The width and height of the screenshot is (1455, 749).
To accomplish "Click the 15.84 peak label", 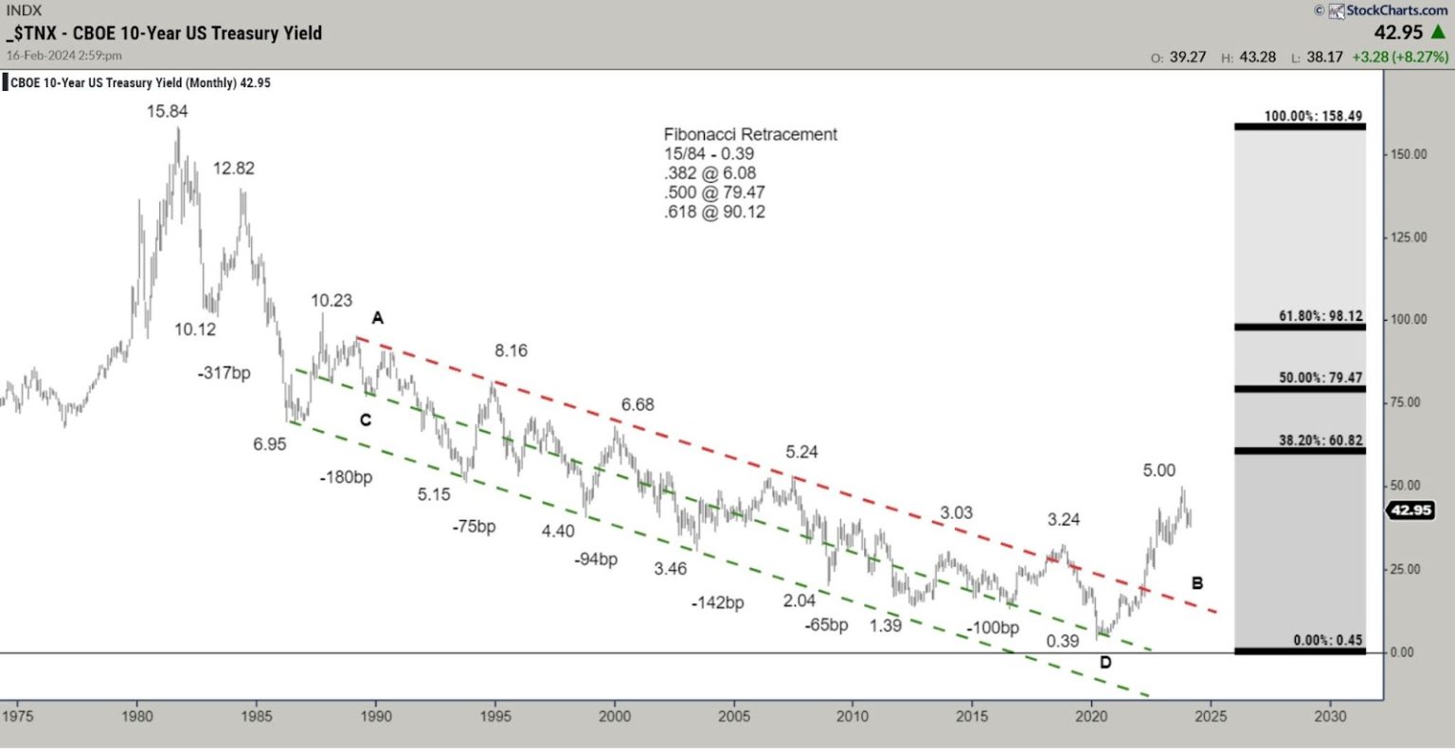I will point(168,112).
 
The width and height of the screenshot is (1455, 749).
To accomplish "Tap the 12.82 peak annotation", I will point(233,169).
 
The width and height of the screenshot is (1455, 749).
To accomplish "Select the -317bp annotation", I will point(225,373).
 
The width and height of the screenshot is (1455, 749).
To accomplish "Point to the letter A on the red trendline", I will point(377,318).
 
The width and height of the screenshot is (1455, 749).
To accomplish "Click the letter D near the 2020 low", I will point(1105,662).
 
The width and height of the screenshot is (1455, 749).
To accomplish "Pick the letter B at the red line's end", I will point(1197,583).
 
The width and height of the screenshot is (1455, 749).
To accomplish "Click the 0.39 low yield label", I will point(1063,641).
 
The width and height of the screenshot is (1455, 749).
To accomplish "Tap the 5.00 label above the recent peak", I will point(1159,471).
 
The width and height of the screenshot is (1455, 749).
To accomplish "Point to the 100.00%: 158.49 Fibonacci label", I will point(1313,116).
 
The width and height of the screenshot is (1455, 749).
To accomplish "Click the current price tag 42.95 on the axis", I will point(1410,510).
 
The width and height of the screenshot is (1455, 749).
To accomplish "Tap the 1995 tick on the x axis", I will point(495,716).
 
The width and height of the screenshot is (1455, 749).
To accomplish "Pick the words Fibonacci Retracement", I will point(750,134).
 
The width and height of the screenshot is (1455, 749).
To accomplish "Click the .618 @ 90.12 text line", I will point(714,212).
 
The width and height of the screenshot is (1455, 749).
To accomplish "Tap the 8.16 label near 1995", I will point(511,351).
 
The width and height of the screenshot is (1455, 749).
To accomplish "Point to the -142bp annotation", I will point(717,602).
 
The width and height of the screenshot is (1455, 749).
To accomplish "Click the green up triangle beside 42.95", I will point(1438,33).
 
